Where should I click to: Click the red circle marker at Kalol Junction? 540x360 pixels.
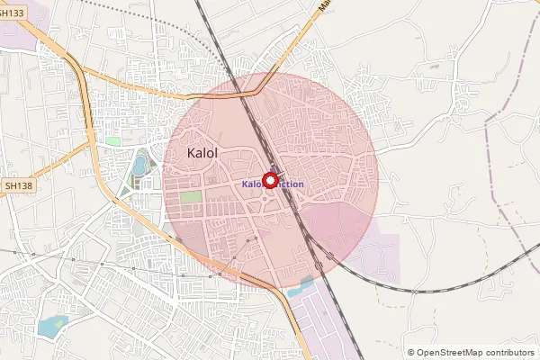coord(269,181)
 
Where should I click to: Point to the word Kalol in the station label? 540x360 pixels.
coord(252,184)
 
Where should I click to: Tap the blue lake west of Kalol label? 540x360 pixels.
coord(140,165)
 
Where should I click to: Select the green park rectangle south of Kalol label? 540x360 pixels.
coord(190,197)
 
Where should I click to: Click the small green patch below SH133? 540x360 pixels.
coord(112,141)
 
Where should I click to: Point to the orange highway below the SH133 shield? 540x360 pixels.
coord(85,90)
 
